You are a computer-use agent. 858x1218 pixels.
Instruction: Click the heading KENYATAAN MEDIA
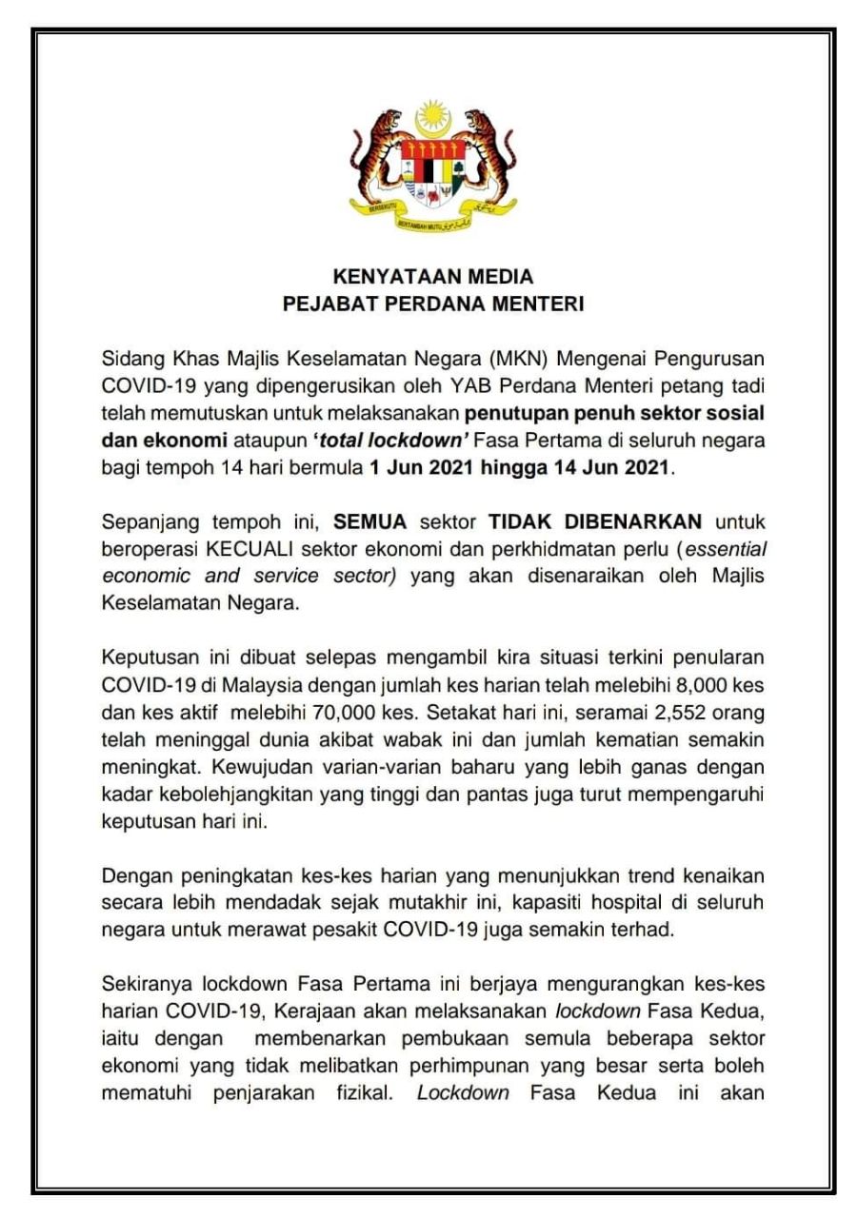(x=432, y=278)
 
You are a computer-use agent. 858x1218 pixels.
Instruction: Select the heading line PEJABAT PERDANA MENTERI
(x=432, y=305)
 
